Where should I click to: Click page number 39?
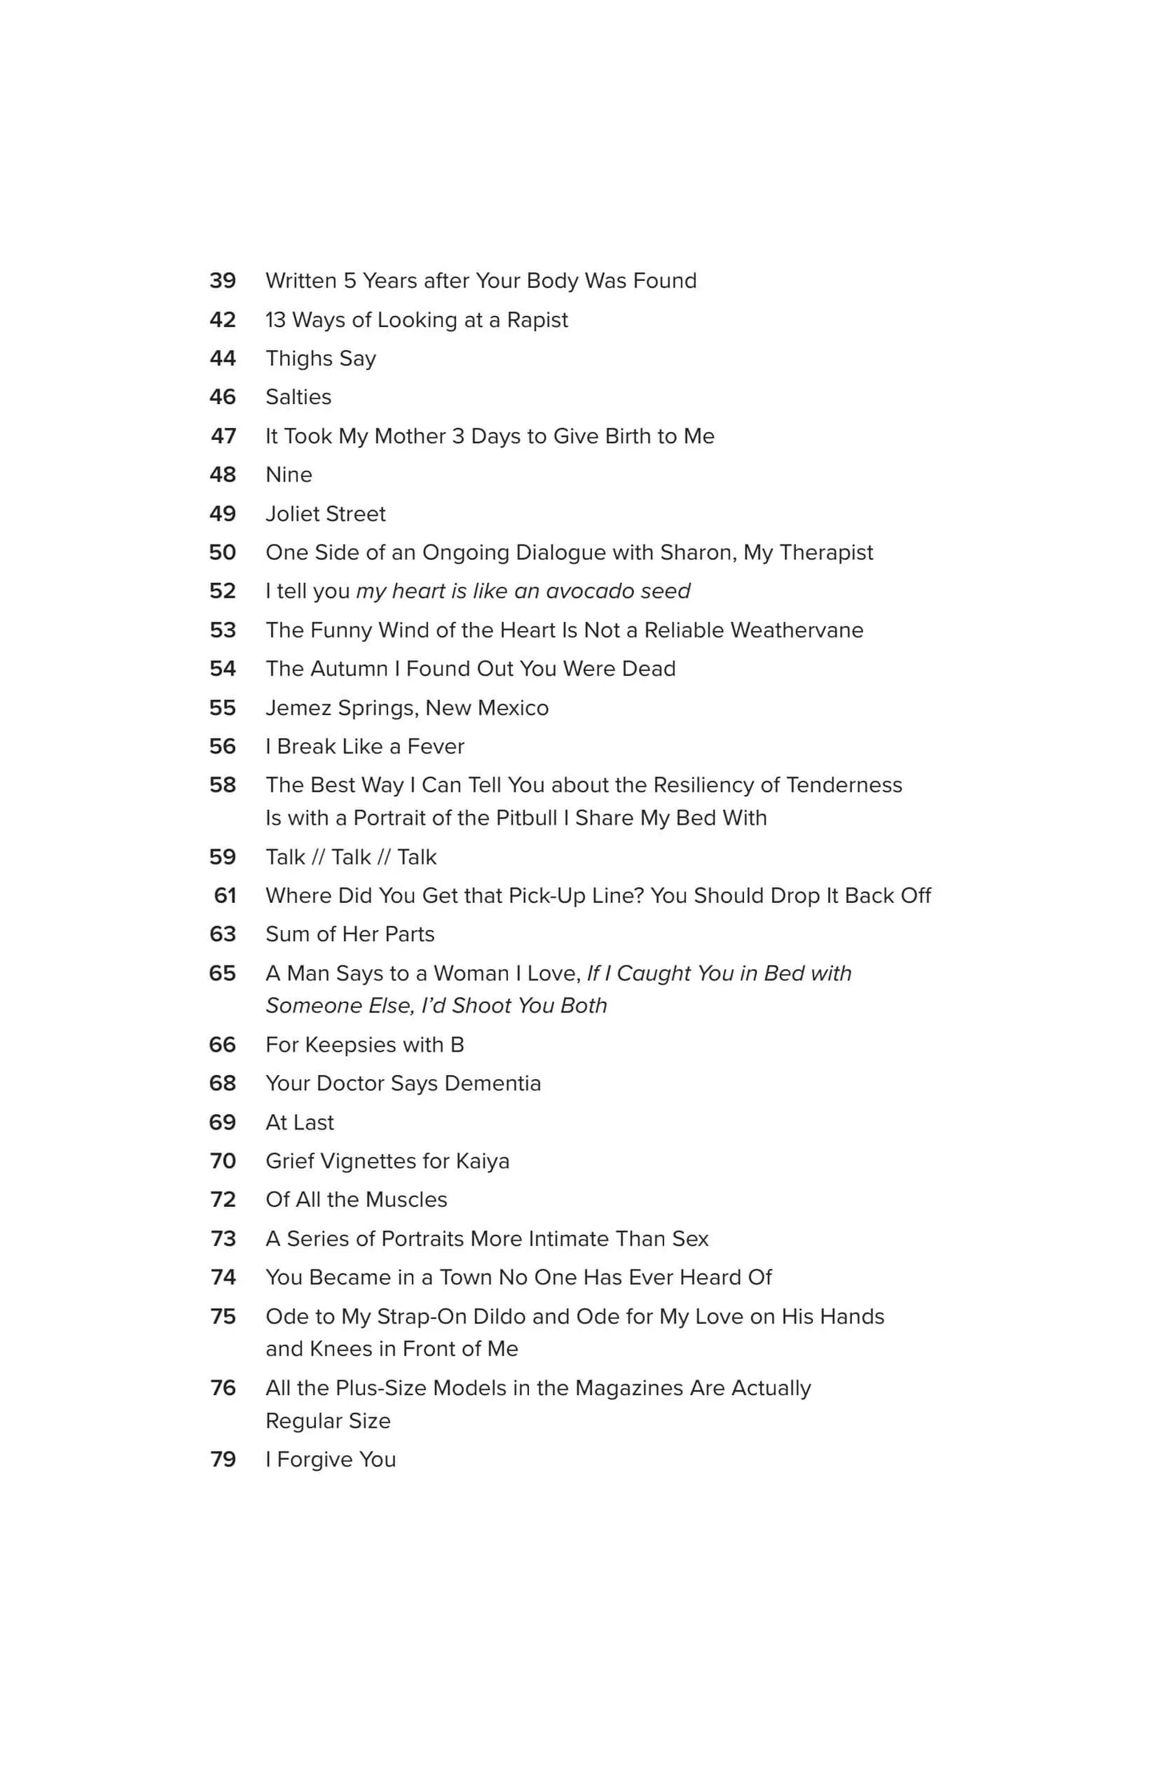pos(222,281)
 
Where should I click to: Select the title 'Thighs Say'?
pos(320,358)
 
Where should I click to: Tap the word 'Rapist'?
pos(537,320)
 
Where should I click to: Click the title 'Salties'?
pos(298,397)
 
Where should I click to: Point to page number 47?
pos(223,436)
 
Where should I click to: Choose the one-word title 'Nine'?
pos(288,474)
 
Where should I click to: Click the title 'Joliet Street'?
pos(325,513)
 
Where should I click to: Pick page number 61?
pos(225,896)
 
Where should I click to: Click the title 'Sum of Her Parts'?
pos(350,934)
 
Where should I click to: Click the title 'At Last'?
pos(299,1122)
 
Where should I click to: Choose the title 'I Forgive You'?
pos(330,1459)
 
